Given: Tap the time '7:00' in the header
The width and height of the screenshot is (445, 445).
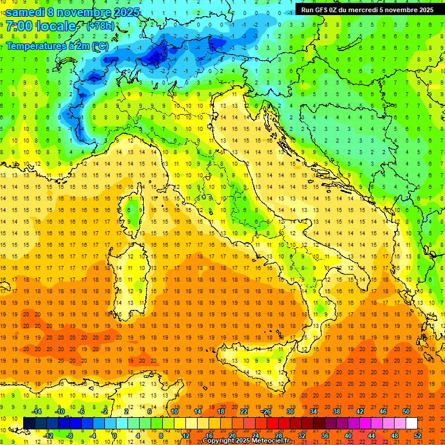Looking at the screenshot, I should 18,27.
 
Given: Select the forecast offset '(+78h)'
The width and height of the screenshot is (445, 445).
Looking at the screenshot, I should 100,27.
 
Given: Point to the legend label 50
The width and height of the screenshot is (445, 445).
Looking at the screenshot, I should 406,411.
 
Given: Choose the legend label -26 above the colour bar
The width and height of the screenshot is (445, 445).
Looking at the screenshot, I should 266,411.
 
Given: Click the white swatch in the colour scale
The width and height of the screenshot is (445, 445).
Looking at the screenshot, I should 411,423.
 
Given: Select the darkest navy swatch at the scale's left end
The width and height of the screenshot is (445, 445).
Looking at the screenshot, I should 29,423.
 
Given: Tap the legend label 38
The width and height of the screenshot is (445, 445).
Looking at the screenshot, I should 337,411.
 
